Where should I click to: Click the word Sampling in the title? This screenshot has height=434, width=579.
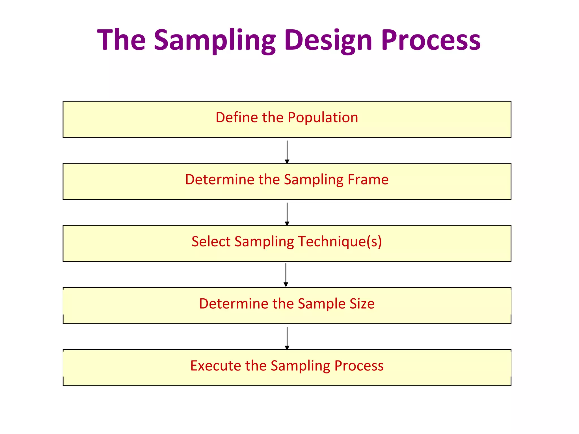[215, 40]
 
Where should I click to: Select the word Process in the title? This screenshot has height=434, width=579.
[431, 40]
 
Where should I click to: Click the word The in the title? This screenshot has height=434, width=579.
[121, 40]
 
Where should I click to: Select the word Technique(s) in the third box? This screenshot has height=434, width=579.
[340, 242]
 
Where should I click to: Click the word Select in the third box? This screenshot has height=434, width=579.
[211, 242]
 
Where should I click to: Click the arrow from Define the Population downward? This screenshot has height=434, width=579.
[287, 152]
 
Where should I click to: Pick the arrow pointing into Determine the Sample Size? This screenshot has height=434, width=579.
[286, 275]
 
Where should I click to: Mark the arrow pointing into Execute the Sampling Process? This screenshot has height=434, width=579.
[287, 338]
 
